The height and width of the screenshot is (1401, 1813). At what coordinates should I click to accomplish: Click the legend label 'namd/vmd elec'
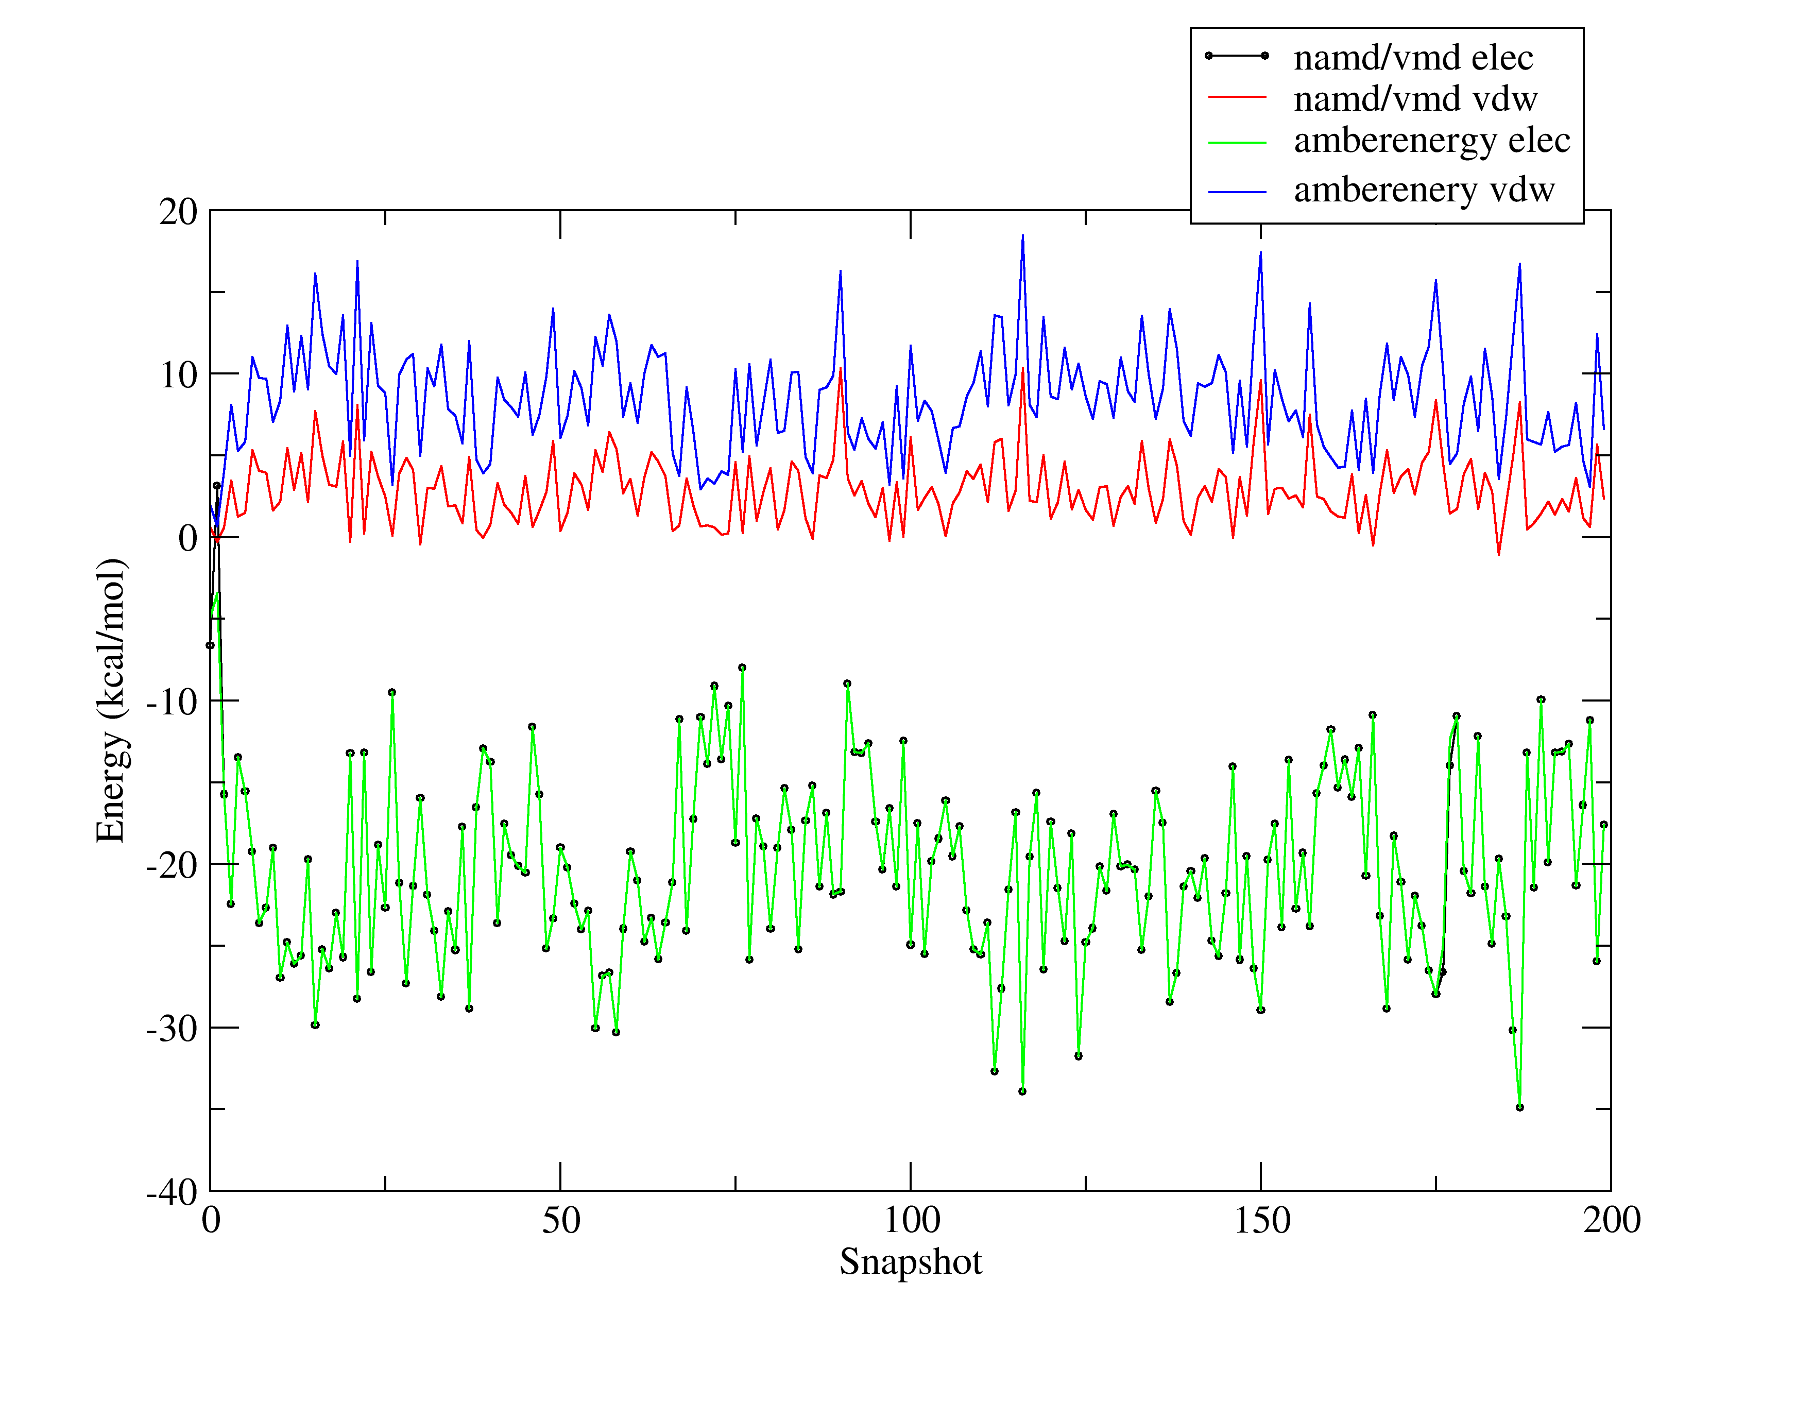(x=1413, y=57)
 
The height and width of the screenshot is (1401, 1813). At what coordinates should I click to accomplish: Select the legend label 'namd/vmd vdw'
(x=1415, y=99)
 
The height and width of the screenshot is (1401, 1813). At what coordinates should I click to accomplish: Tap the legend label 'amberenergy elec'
(x=1432, y=140)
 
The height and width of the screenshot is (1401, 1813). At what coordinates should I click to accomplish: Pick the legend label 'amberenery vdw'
(x=1424, y=190)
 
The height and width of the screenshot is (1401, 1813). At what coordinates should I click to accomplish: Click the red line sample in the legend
(x=1237, y=98)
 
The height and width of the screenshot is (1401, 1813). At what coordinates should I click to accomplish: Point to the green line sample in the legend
(x=1237, y=143)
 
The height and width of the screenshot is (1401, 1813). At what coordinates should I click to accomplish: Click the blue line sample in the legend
(x=1237, y=192)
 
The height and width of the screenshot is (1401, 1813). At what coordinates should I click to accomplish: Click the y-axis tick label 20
(x=179, y=213)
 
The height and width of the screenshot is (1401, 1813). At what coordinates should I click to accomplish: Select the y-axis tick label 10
(x=179, y=375)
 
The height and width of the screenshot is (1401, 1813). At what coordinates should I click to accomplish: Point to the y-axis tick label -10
(x=172, y=702)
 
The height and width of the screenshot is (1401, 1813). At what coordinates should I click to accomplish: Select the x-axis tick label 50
(x=561, y=1220)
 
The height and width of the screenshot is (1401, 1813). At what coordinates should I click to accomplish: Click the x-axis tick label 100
(x=911, y=1220)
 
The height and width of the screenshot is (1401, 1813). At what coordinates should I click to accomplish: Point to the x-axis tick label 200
(x=1611, y=1220)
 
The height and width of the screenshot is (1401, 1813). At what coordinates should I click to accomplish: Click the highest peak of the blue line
(x=1023, y=236)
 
